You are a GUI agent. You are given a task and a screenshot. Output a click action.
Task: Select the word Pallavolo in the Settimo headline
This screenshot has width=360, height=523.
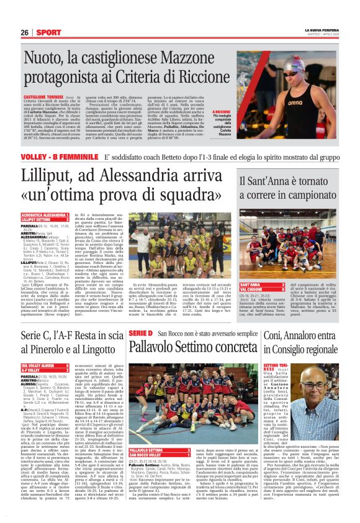pos(158,349)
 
